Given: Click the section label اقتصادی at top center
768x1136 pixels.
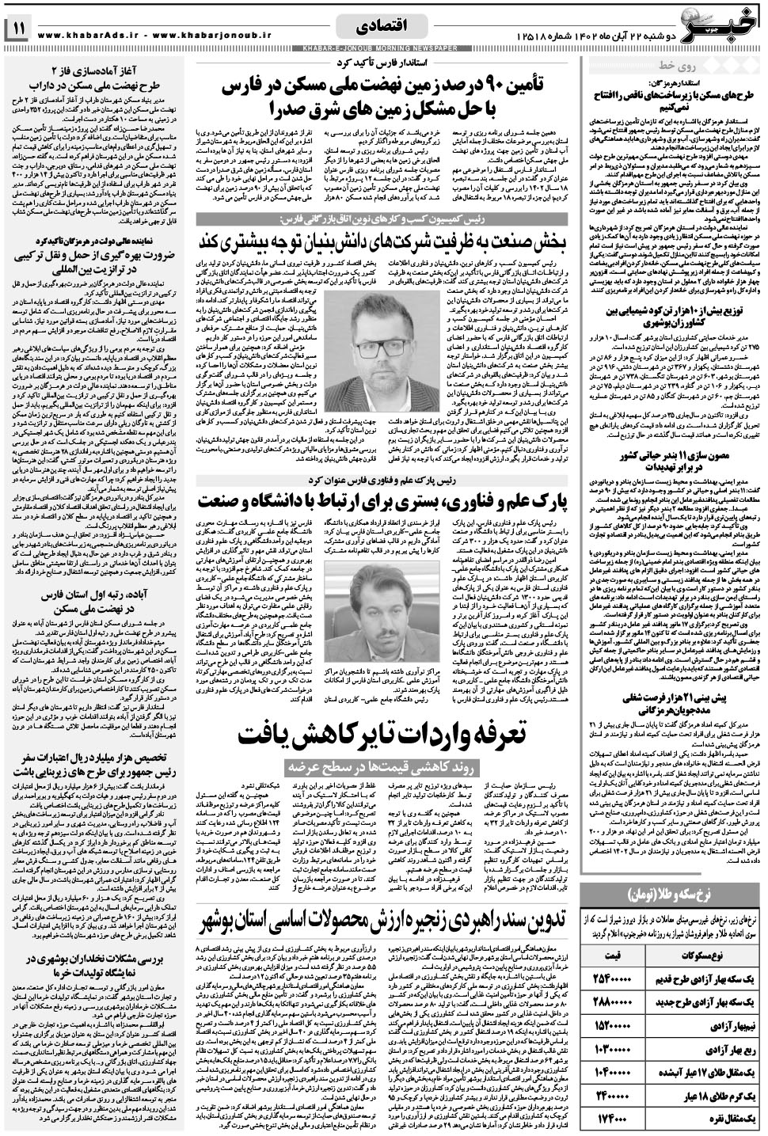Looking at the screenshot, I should tap(384, 26).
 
